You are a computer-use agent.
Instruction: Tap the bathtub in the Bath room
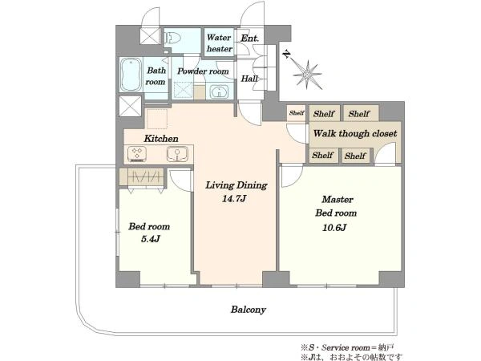[x=131, y=75]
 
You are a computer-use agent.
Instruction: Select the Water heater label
[x=219, y=43]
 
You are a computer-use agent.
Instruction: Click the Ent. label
[x=249, y=38]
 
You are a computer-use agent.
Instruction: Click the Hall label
[x=249, y=79]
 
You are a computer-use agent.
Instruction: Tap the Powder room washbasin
[x=220, y=91]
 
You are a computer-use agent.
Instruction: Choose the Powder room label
[x=203, y=71]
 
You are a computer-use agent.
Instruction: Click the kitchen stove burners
[x=137, y=153]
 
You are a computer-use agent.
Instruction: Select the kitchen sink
[x=177, y=154]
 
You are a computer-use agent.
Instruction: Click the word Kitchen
[x=161, y=139]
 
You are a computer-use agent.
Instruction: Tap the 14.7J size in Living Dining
[x=234, y=199]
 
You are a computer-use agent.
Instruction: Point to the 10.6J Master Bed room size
[x=334, y=228]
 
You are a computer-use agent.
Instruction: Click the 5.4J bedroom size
[x=151, y=238]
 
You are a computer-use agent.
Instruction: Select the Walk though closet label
[x=355, y=133]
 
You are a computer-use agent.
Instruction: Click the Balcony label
[x=249, y=310]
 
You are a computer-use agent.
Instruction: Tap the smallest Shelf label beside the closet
[x=297, y=112]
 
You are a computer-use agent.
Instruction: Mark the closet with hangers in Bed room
[x=142, y=177]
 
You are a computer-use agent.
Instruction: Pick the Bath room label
[x=156, y=76]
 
